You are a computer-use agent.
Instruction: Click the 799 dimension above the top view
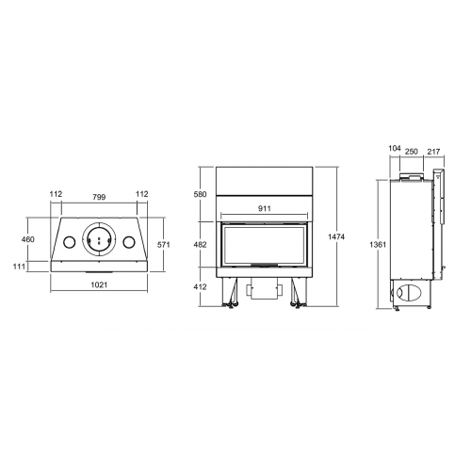pos(98,195)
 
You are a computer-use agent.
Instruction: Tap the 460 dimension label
pos(27,240)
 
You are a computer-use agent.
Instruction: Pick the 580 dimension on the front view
pos(199,195)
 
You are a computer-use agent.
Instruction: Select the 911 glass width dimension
pos(264,210)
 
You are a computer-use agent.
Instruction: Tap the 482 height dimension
pos(199,243)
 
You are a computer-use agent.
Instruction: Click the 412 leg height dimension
pos(199,286)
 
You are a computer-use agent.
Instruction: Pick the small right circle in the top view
pos(130,242)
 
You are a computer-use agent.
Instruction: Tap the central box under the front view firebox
pos(263,292)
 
